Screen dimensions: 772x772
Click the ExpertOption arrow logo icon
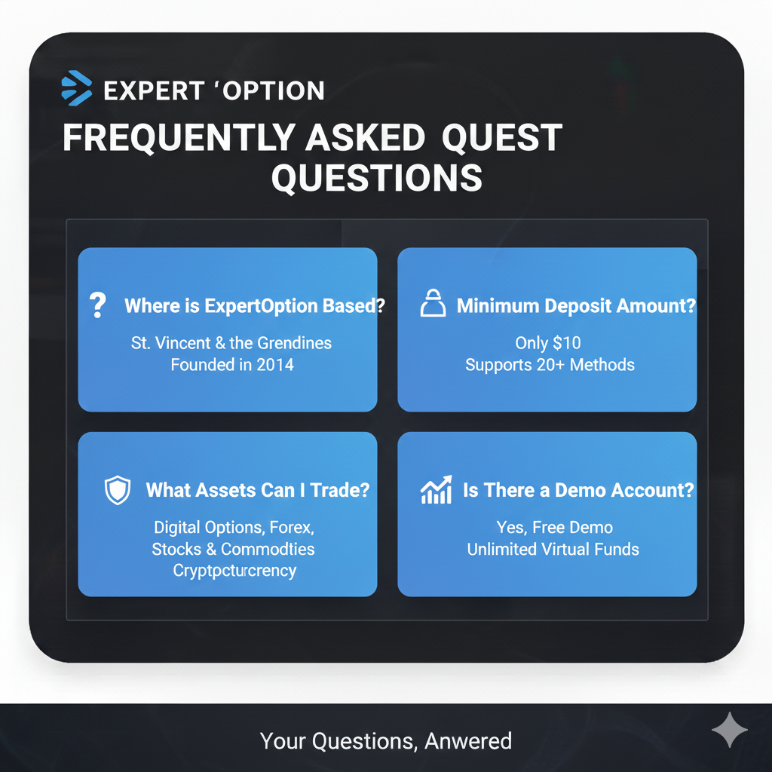click(75, 88)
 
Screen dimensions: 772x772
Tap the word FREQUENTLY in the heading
click(178, 138)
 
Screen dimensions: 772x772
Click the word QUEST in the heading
click(502, 138)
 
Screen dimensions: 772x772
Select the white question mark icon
click(97, 305)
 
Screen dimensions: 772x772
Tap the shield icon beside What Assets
click(117, 490)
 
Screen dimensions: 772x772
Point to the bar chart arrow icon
click(436, 490)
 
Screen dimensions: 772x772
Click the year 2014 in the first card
click(274, 365)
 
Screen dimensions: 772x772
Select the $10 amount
click(566, 343)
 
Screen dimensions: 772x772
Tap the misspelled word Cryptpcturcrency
click(234, 570)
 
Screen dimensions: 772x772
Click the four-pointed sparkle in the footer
click(730, 731)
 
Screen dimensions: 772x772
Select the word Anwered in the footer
click(468, 741)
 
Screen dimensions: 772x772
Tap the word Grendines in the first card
click(294, 343)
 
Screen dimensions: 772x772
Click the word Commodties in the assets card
click(268, 549)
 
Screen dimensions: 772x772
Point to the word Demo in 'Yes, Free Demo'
click(592, 527)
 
